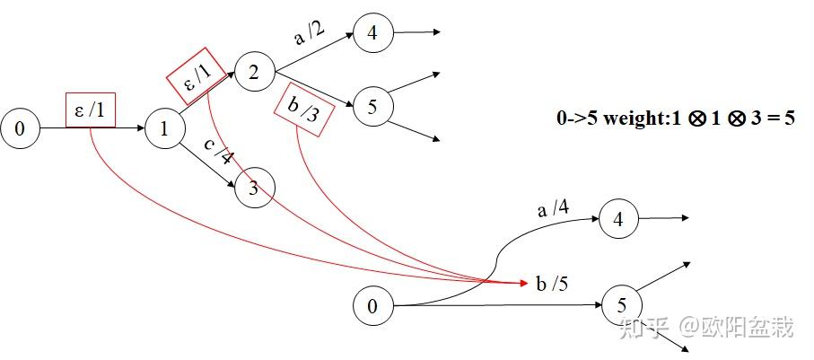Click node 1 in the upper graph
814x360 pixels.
point(163,129)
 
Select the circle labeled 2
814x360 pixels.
point(253,73)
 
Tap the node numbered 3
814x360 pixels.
point(253,188)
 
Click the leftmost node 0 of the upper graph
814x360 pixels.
point(20,129)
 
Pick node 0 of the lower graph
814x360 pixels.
point(372,306)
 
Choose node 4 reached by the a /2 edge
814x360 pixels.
point(372,33)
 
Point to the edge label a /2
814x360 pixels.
point(311,36)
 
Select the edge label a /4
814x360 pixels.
point(553,208)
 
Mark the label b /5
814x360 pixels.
point(552,285)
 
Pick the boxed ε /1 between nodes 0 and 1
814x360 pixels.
point(91,110)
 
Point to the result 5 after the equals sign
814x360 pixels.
point(790,119)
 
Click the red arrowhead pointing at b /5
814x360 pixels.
point(523,284)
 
